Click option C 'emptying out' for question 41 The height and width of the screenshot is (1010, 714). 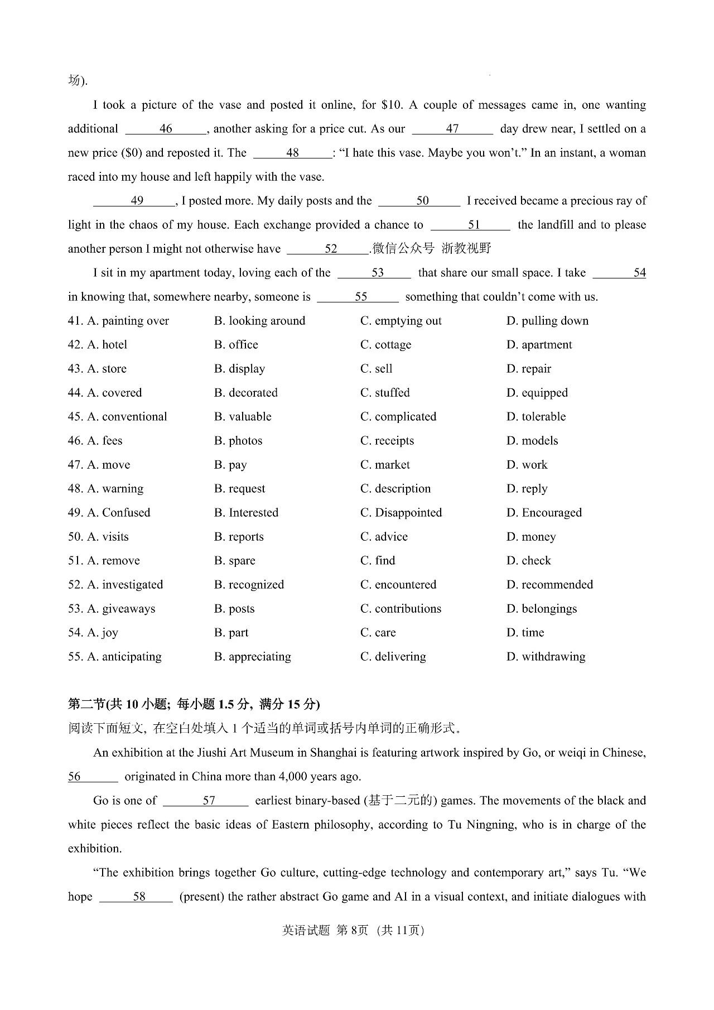coord(401,321)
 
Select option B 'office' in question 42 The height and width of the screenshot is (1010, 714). coord(236,345)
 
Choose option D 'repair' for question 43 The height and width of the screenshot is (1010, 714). coord(528,369)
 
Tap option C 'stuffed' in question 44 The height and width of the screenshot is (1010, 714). coord(385,393)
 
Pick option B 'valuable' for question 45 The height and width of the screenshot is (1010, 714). coord(243,417)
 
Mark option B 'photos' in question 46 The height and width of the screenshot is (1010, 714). coord(238,441)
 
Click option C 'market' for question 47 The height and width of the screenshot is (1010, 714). coord(385,465)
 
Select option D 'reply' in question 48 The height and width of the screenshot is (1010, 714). coord(527,489)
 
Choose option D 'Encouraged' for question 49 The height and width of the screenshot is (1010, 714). coord(544,513)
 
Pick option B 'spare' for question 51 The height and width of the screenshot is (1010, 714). coord(235,561)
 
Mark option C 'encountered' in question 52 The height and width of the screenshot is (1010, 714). coord(398,585)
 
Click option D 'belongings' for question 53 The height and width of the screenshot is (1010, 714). coord(542,609)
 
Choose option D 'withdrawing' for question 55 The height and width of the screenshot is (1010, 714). coord(546,657)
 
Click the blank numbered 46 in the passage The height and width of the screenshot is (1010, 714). coord(166,129)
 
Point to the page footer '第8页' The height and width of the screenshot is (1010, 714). coord(353,930)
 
